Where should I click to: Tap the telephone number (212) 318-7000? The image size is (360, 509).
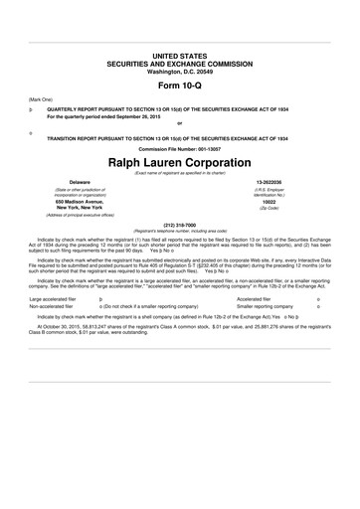(x=179, y=224)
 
